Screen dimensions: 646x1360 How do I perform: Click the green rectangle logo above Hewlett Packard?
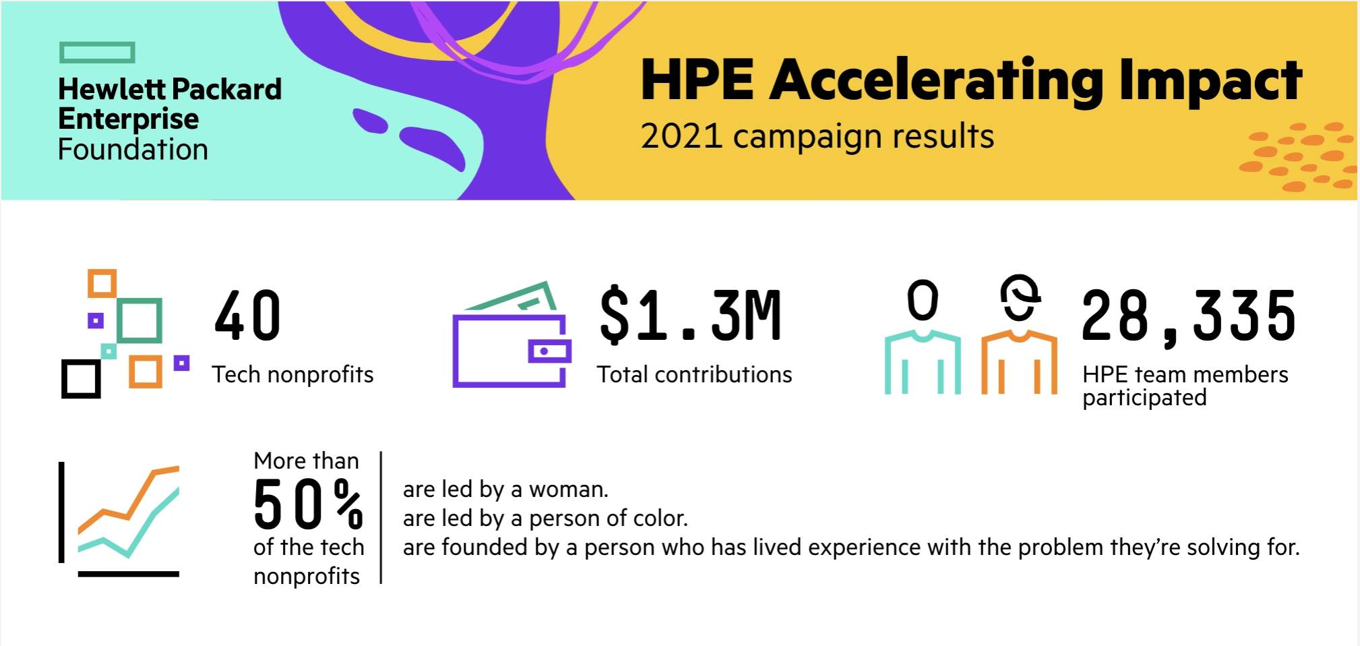[x=97, y=53]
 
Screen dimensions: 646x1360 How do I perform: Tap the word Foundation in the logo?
[x=133, y=150]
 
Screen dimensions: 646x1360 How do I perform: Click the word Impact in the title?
[x=1210, y=81]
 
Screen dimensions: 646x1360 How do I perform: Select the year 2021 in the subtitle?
[x=681, y=136]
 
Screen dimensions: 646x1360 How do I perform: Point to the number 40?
[x=247, y=316]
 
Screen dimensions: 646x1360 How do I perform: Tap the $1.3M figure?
[x=691, y=316]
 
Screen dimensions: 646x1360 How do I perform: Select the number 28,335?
[x=1188, y=316]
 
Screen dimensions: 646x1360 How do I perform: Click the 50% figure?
[x=308, y=504]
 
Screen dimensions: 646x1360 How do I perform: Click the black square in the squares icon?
[x=81, y=378]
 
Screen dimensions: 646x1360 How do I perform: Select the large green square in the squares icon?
[x=139, y=320]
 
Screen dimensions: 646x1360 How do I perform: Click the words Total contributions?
[x=694, y=375]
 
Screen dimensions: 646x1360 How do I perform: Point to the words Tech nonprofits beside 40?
[x=292, y=375]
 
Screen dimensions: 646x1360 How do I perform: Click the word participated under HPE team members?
[x=1144, y=399]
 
